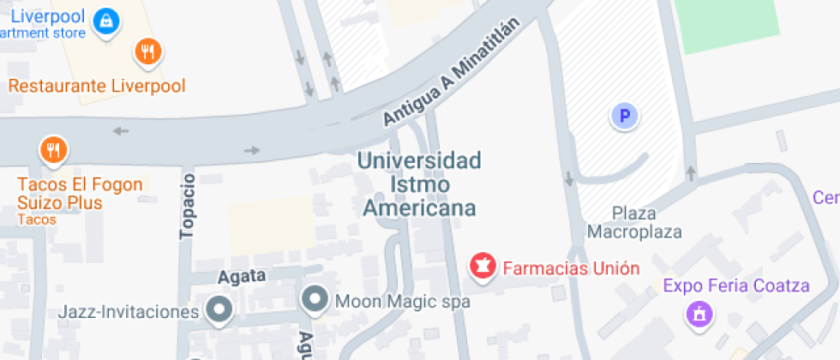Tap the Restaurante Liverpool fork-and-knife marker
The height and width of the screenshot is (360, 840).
click(x=148, y=51)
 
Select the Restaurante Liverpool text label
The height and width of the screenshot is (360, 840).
click(x=97, y=86)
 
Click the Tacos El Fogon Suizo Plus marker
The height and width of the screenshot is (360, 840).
click(x=54, y=151)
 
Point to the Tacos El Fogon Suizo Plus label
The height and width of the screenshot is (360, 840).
click(x=72, y=194)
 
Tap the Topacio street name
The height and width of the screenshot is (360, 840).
click(x=189, y=205)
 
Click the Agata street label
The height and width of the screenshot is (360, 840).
click(x=242, y=276)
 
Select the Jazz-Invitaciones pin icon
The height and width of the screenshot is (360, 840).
click(x=221, y=310)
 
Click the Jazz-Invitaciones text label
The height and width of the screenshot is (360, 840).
click(x=129, y=311)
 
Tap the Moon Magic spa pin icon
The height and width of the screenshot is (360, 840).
click(x=315, y=299)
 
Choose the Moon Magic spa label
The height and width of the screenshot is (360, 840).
click(x=402, y=301)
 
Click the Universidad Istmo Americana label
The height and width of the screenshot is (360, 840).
click(x=419, y=183)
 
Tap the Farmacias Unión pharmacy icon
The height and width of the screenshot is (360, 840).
click(x=483, y=266)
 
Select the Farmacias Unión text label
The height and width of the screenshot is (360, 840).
click(x=571, y=267)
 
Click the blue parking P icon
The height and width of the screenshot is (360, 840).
click(x=625, y=116)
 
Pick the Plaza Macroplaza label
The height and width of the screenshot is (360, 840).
click(x=634, y=222)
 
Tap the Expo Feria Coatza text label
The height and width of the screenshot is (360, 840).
click(x=736, y=285)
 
